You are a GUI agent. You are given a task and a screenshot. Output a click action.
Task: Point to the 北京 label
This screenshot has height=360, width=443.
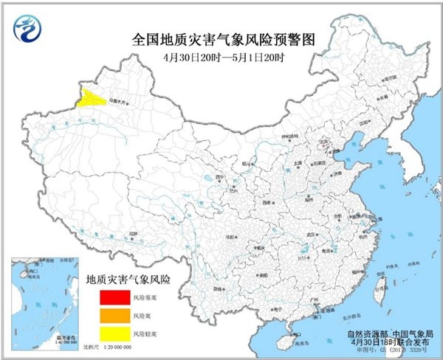click(323, 146)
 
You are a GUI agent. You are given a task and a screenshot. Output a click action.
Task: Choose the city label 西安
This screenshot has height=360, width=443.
click(267, 200)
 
